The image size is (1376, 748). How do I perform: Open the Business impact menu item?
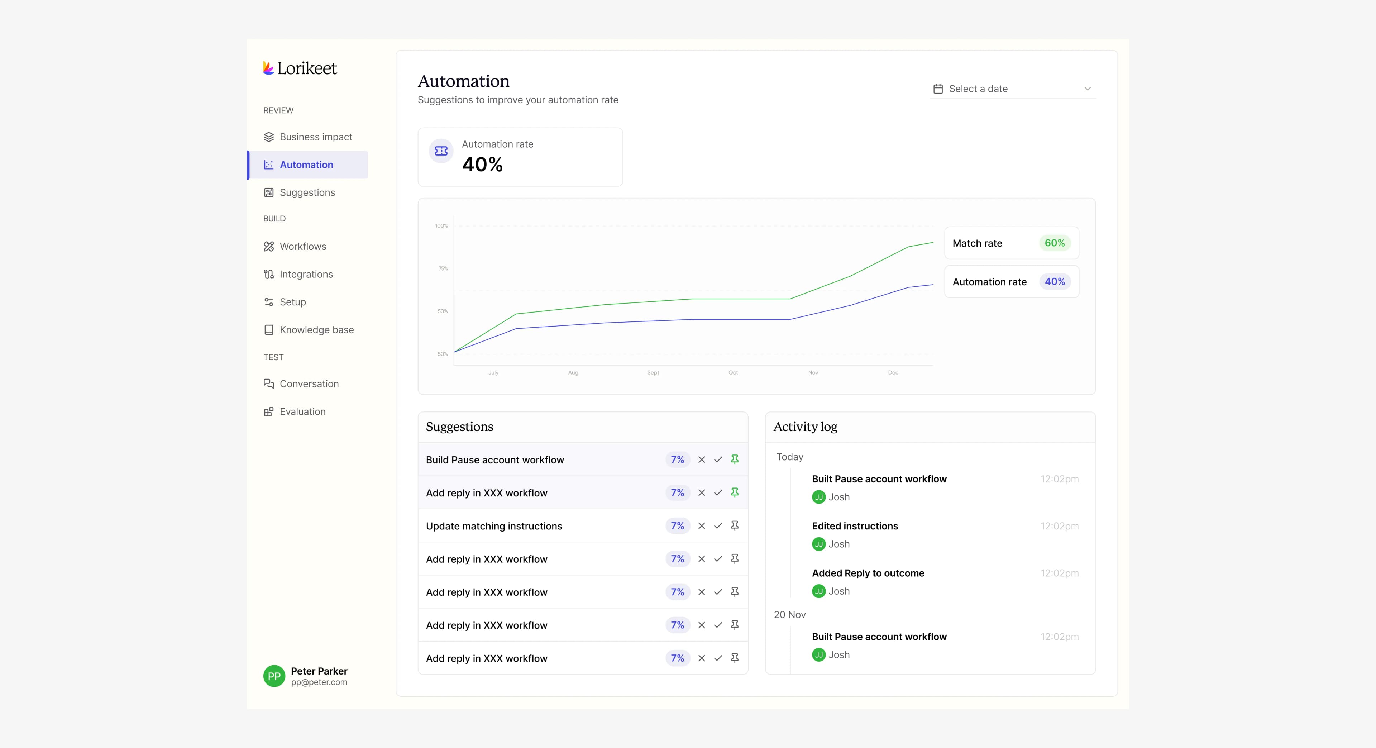315,137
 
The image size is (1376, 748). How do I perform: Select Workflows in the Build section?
302,246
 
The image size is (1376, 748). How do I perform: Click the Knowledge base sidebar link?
316,330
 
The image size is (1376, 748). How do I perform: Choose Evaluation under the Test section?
302,411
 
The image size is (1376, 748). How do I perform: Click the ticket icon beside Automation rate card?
441,151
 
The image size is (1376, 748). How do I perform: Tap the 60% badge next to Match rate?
1055,243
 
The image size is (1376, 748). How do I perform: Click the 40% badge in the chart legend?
1055,282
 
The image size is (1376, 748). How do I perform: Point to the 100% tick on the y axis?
441,225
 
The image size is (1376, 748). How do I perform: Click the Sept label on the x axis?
653,372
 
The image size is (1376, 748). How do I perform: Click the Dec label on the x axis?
893,372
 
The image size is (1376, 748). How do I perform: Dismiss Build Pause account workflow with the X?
701,459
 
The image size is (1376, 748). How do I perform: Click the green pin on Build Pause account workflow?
735,459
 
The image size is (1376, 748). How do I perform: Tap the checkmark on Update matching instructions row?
718,526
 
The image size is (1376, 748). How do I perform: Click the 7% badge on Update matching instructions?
677,526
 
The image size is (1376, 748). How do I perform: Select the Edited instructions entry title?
855,526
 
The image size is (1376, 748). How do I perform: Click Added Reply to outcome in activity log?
868,573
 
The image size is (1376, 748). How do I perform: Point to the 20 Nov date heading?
789,614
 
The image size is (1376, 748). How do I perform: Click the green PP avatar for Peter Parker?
274,676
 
